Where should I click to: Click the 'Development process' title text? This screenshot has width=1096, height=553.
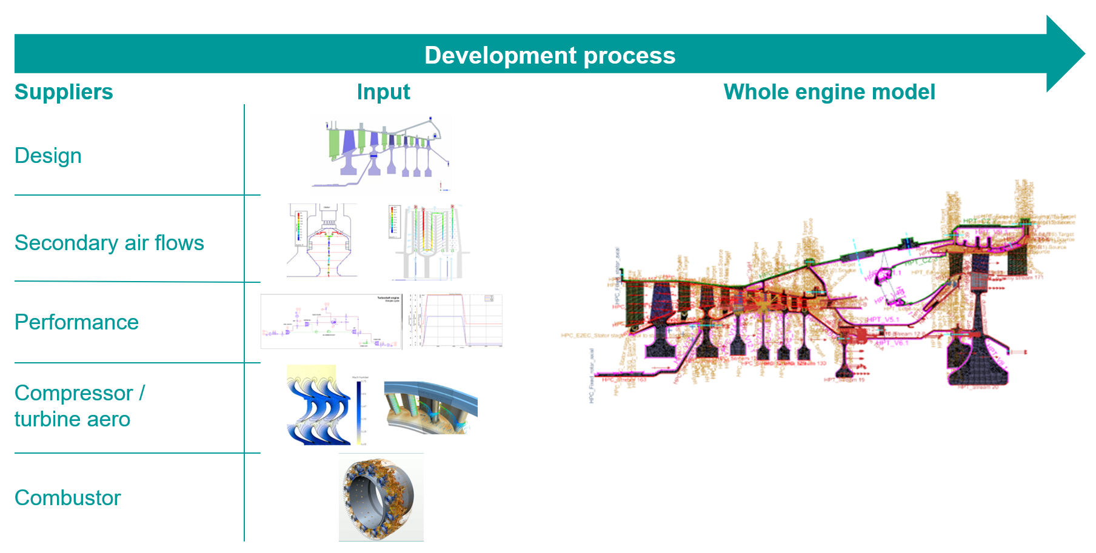pos(549,55)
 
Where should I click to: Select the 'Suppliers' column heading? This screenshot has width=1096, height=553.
pos(64,92)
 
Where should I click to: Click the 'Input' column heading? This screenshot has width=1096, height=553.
pos(383,92)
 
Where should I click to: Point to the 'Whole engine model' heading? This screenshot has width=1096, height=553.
pos(829,92)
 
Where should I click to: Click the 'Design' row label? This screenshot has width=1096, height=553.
pos(48,156)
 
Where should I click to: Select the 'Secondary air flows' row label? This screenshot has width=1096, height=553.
pos(109,243)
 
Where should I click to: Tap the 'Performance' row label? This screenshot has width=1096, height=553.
pos(76,322)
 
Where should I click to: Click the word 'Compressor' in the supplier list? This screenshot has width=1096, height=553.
pos(73,393)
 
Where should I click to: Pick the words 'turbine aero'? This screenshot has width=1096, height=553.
pos(72,419)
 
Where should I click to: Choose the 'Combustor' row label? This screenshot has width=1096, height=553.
pos(67,498)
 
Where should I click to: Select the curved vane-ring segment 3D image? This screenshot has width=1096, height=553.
pos(430,408)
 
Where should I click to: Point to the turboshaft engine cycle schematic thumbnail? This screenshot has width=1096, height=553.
pos(331,322)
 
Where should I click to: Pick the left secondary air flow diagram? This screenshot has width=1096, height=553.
pos(321,240)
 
